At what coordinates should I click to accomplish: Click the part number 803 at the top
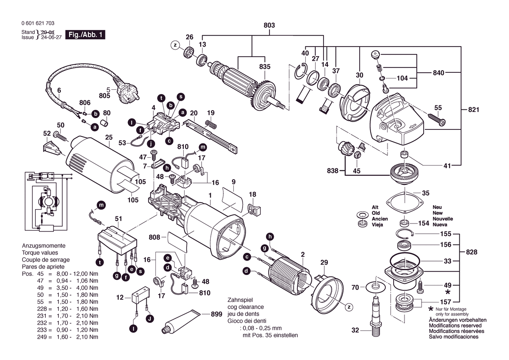269,26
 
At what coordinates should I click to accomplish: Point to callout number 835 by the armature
265,67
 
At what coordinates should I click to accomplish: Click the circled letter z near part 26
175,45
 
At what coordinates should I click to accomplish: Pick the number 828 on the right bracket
471,252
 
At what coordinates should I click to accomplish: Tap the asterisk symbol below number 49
448,292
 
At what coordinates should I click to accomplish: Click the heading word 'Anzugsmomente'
44,246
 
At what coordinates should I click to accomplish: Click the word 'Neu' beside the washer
437,207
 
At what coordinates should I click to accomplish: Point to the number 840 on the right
438,73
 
